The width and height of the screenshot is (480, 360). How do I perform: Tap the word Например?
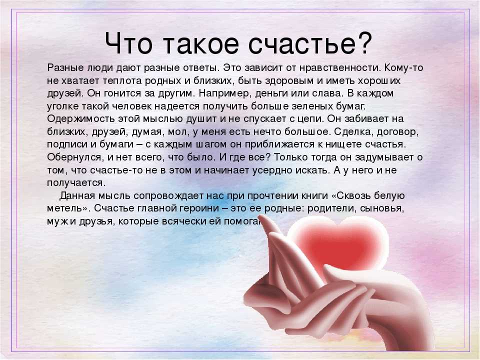pos(224,93)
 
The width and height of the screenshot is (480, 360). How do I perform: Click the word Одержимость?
pos(80,119)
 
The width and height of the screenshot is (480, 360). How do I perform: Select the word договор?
pos(397,132)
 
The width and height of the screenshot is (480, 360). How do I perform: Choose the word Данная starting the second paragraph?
pos(78,195)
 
